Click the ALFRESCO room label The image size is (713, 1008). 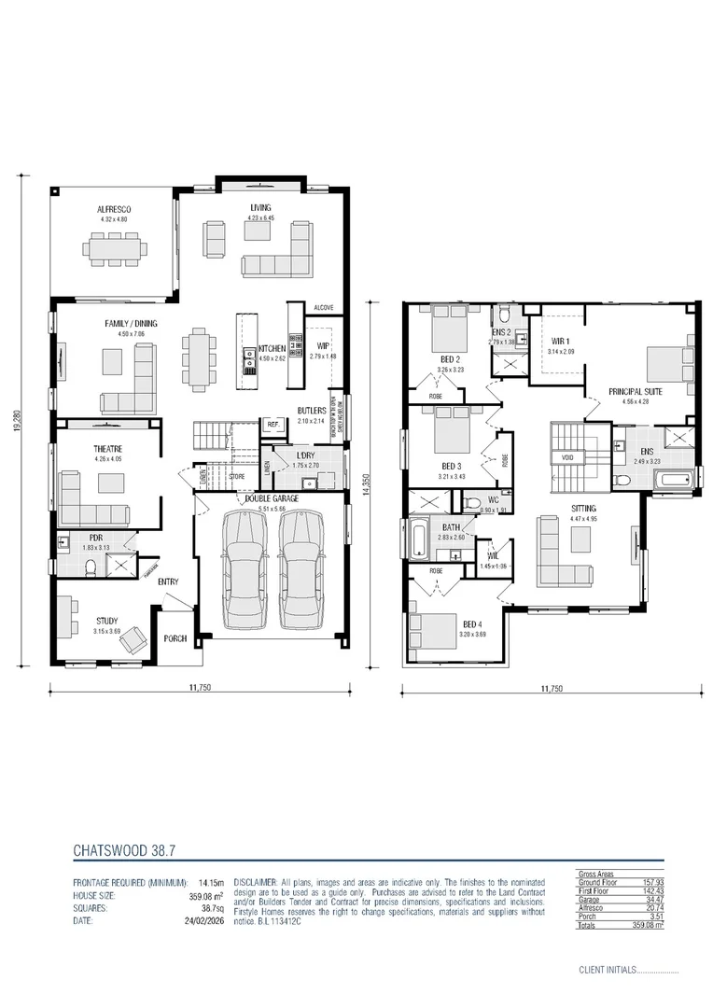tap(112, 209)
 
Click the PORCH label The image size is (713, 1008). tap(175, 638)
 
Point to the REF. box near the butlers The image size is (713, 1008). tap(273, 424)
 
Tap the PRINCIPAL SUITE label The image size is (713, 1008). tap(636, 391)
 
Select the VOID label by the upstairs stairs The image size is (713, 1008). tap(567, 458)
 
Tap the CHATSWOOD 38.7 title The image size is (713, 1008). tap(123, 851)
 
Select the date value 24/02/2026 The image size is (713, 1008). tap(205, 921)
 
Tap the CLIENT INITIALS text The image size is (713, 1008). tap(607, 970)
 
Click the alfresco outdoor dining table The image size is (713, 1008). tap(116, 248)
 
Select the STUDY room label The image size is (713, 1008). tap(107, 621)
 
